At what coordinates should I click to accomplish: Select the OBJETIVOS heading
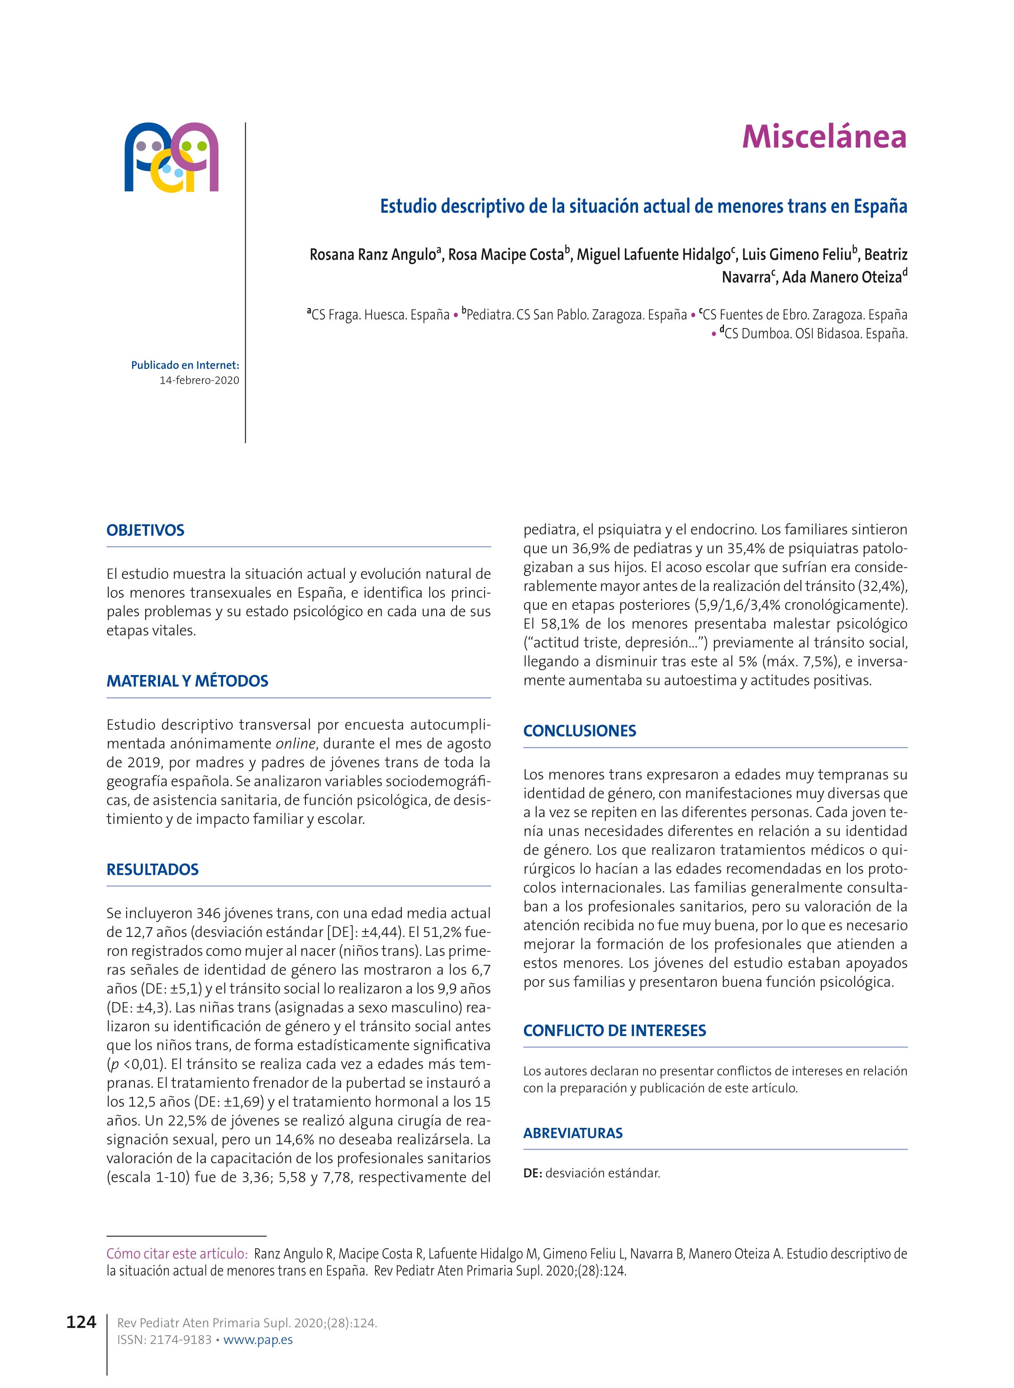(x=145, y=530)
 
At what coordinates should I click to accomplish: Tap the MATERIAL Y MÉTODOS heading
(x=187, y=681)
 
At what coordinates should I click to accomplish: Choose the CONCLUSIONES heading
(x=580, y=731)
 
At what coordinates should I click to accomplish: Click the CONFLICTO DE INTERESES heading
(x=614, y=1030)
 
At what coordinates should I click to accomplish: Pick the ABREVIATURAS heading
(x=573, y=1133)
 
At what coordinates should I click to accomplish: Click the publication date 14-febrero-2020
(x=200, y=380)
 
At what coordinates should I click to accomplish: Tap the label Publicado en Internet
(x=185, y=365)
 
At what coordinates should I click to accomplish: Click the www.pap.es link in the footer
(x=258, y=1340)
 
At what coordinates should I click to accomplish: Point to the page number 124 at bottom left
(x=81, y=1322)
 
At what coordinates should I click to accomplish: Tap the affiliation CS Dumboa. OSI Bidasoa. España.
(x=815, y=334)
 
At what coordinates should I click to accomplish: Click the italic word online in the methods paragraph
(x=295, y=744)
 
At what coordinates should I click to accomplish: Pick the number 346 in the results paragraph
(x=208, y=913)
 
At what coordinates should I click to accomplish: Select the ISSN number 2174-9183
(x=181, y=1340)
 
